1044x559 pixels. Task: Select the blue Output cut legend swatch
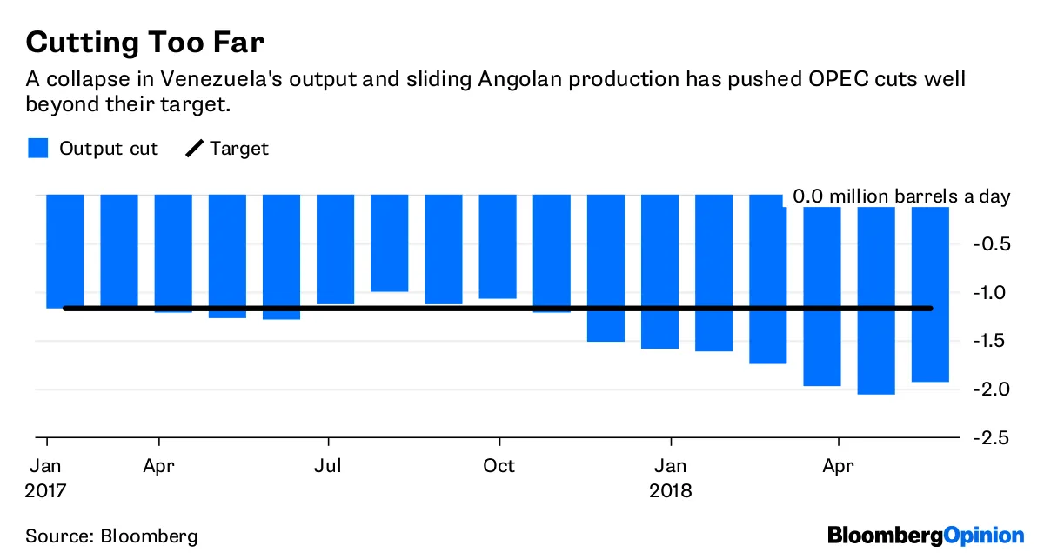38,148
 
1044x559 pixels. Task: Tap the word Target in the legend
239,149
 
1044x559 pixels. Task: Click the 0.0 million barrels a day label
900,196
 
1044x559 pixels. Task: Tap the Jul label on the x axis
328,465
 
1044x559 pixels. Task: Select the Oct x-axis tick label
499,465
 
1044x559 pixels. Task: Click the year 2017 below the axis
45,490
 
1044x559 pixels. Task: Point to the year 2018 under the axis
670,490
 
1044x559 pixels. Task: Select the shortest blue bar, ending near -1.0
389,243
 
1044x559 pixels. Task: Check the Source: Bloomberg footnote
111,535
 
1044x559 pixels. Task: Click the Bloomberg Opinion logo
926,535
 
